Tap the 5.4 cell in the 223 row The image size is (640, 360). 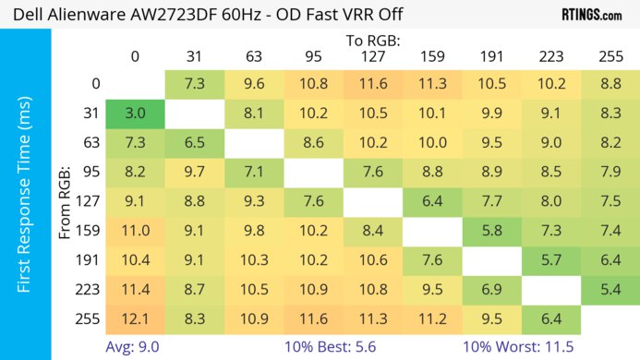pos(610,290)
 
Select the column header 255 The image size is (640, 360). pos(610,55)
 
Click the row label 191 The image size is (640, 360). pos(90,260)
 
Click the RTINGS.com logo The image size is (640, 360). pos(591,15)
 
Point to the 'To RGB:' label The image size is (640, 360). pos(372,41)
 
